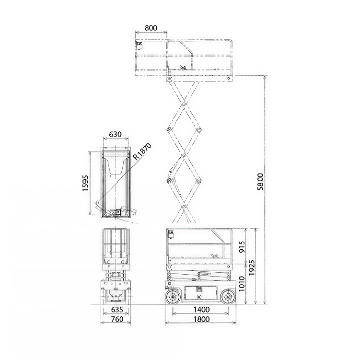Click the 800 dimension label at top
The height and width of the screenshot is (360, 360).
click(151, 28)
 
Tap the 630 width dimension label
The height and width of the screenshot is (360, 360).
click(115, 134)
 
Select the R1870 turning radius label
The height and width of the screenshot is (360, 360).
click(142, 152)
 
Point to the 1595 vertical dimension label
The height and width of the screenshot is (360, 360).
click(85, 183)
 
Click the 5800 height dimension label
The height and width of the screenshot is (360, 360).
click(260, 182)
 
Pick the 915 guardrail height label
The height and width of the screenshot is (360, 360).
click(242, 246)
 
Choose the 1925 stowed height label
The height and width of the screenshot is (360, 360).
click(252, 267)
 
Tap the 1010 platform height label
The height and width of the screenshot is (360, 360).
click(242, 284)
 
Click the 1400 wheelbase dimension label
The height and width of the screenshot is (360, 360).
click(201, 310)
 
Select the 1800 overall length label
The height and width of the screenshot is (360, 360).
click(201, 319)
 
